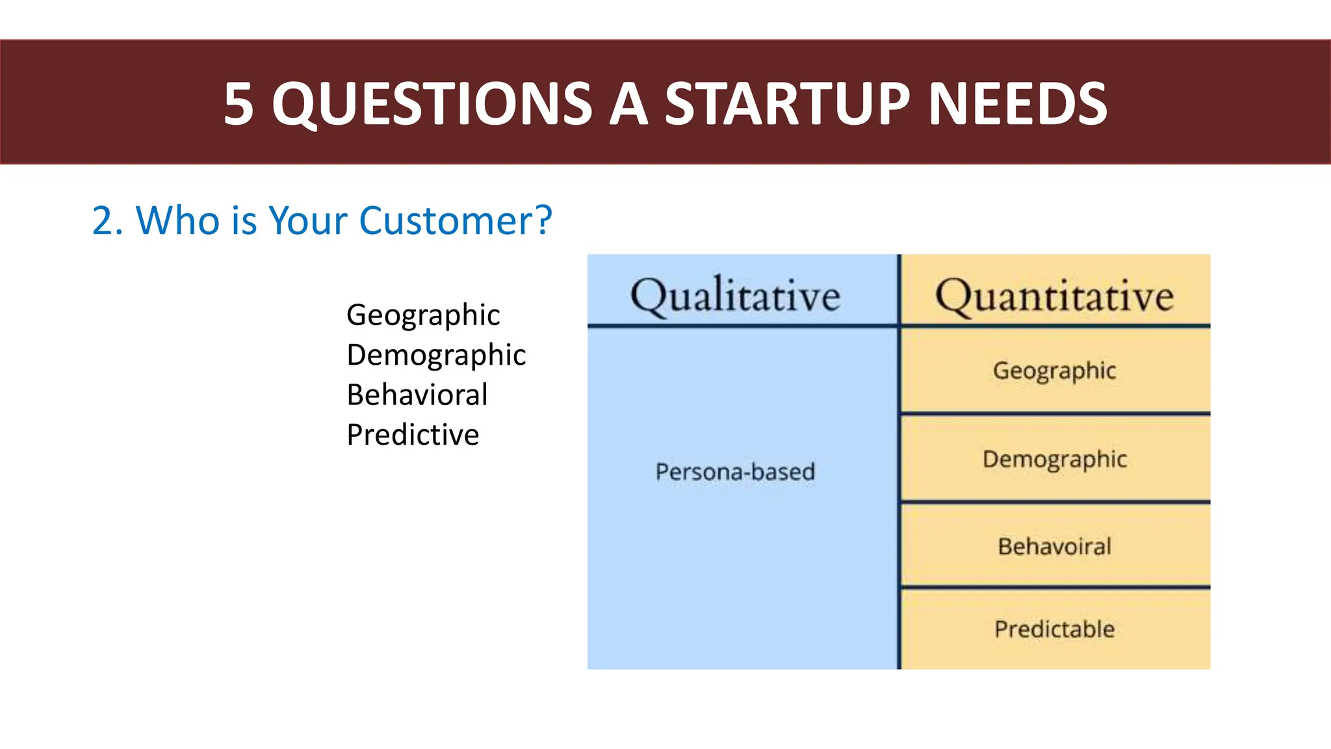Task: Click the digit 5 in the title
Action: pyautogui.click(x=239, y=104)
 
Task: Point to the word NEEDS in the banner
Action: pyautogui.click(x=1018, y=104)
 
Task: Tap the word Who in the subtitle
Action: pyautogui.click(x=177, y=220)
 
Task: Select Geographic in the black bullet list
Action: pyautogui.click(x=423, y=316)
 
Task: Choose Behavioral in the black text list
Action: pyautogui.click(x=417, y=395)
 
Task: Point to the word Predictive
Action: pyautogui.click(x=413, y=434)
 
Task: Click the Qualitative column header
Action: pyautogui.click(x=735, y=296)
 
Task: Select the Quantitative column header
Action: pyautogui.click(x=1054, y=296)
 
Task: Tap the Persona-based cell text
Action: pyautogui.click(x=735, y=471)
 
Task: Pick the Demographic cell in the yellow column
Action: pyautogui.click(x=1054, y=460)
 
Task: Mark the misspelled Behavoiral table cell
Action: pyautogui.click(x=1054, y=546)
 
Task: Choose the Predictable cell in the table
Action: pyautogui.click(x=1054, y=629)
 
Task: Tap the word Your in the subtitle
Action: pyautogui.click(x=308, y=220)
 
